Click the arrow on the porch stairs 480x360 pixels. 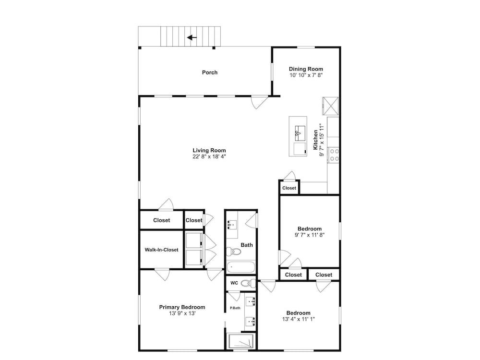click(x=192, y=37)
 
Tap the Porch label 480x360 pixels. click(x=210, y=72)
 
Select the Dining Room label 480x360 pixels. click(x=306, y=69)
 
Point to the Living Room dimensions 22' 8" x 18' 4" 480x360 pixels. click(x=209, y=156)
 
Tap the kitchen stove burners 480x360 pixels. click(x=334, y=155)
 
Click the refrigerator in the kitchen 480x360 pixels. click(x=330, y=106)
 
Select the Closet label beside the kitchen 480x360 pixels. click(x=289, y=188)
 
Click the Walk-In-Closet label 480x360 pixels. click(x=161, y=250)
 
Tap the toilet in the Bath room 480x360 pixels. click(x=233, y=252)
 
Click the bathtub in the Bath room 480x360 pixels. click(x=241, y=267)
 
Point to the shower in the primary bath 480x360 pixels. click(x=241, y=341)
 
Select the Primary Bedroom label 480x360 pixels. click(x=182, y=307)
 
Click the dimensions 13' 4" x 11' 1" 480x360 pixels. click(x=299, y=319)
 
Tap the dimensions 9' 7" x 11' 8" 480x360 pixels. click(x=310, y=235)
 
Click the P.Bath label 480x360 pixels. click(x=235, y=308)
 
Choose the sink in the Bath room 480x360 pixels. click(x=232, y=225)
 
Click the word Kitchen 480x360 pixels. click(x=315, y=140)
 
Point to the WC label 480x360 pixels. click(x=234, y=283)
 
